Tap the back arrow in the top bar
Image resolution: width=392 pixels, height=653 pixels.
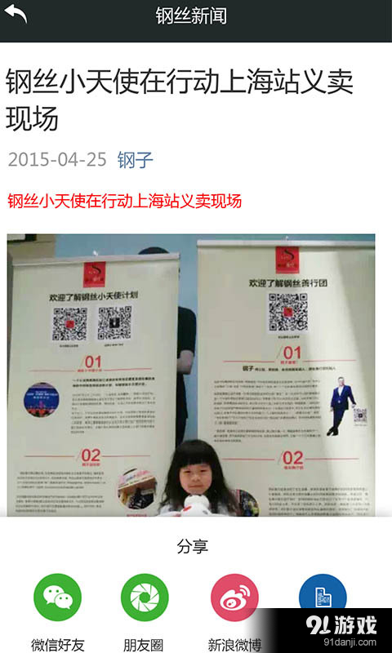click(x=17, y=16)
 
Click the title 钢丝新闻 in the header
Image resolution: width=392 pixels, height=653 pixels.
click(x=191, y=16)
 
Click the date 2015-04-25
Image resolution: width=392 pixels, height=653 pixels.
click(x=57, y=159)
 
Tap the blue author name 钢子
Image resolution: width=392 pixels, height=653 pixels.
click(x=136, y=159)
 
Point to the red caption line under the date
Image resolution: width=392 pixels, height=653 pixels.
click(x=124, y=201)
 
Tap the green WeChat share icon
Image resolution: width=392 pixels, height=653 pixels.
click(x=57, y=597)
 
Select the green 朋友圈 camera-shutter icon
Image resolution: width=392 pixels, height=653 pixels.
click(x=145, y=597)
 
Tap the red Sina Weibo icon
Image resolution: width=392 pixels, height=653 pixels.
click(x=234, y=597)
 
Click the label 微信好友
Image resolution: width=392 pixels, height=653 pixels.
click(x=57, y=645)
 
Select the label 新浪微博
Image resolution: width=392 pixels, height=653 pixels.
click(x=234, y=645)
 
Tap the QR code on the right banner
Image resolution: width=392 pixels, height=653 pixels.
click(x=287, y=312)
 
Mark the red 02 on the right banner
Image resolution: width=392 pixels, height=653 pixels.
click(x=292, y=458)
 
